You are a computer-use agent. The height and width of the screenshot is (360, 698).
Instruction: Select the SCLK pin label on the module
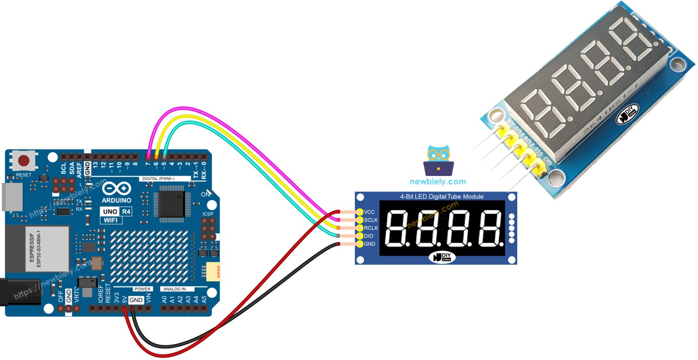(x=371, y=220)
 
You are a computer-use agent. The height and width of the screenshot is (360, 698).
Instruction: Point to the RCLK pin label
(x=371, y=228)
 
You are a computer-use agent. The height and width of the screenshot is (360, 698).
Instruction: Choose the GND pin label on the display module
(x=370, y=244)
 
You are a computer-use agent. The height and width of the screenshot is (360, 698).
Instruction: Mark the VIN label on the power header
(x=148, y=299)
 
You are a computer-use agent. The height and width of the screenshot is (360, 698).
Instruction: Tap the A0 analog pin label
(x=164, y=299)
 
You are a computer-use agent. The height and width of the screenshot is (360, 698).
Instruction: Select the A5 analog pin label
(x=204, y=299)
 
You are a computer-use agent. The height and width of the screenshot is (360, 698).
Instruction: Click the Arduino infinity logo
(x=117, y=189)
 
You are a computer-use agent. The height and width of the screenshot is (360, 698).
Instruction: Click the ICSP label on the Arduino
(x=208, y=214)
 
